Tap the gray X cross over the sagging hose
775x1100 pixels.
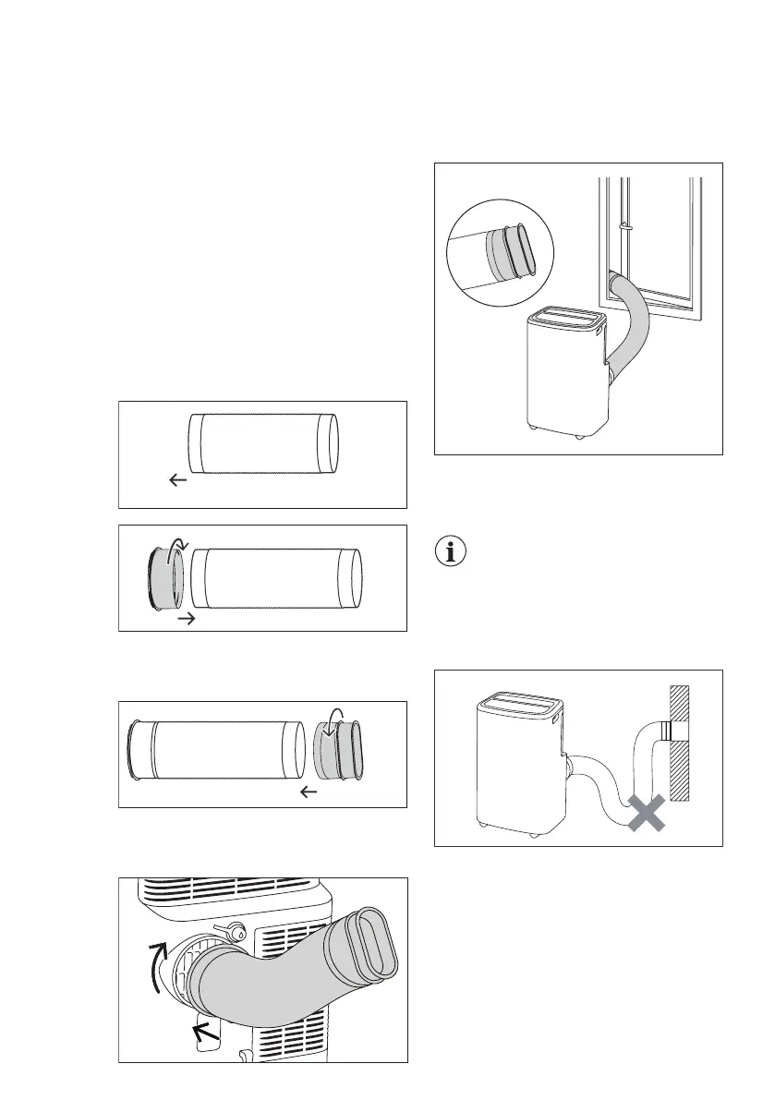click(x=648, y=814)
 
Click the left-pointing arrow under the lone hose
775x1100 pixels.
click(x=177, y=480)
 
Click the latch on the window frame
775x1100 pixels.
click(x=624, y=225)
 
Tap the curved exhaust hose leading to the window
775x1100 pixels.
click(x=635, y=323)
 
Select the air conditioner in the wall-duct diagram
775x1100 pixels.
click(x=518, y=761)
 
